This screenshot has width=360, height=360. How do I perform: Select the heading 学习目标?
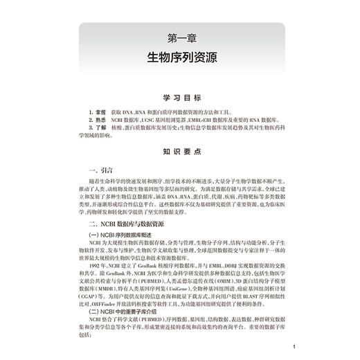pos(179,98)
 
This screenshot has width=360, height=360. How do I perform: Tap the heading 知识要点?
pos(179,149)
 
